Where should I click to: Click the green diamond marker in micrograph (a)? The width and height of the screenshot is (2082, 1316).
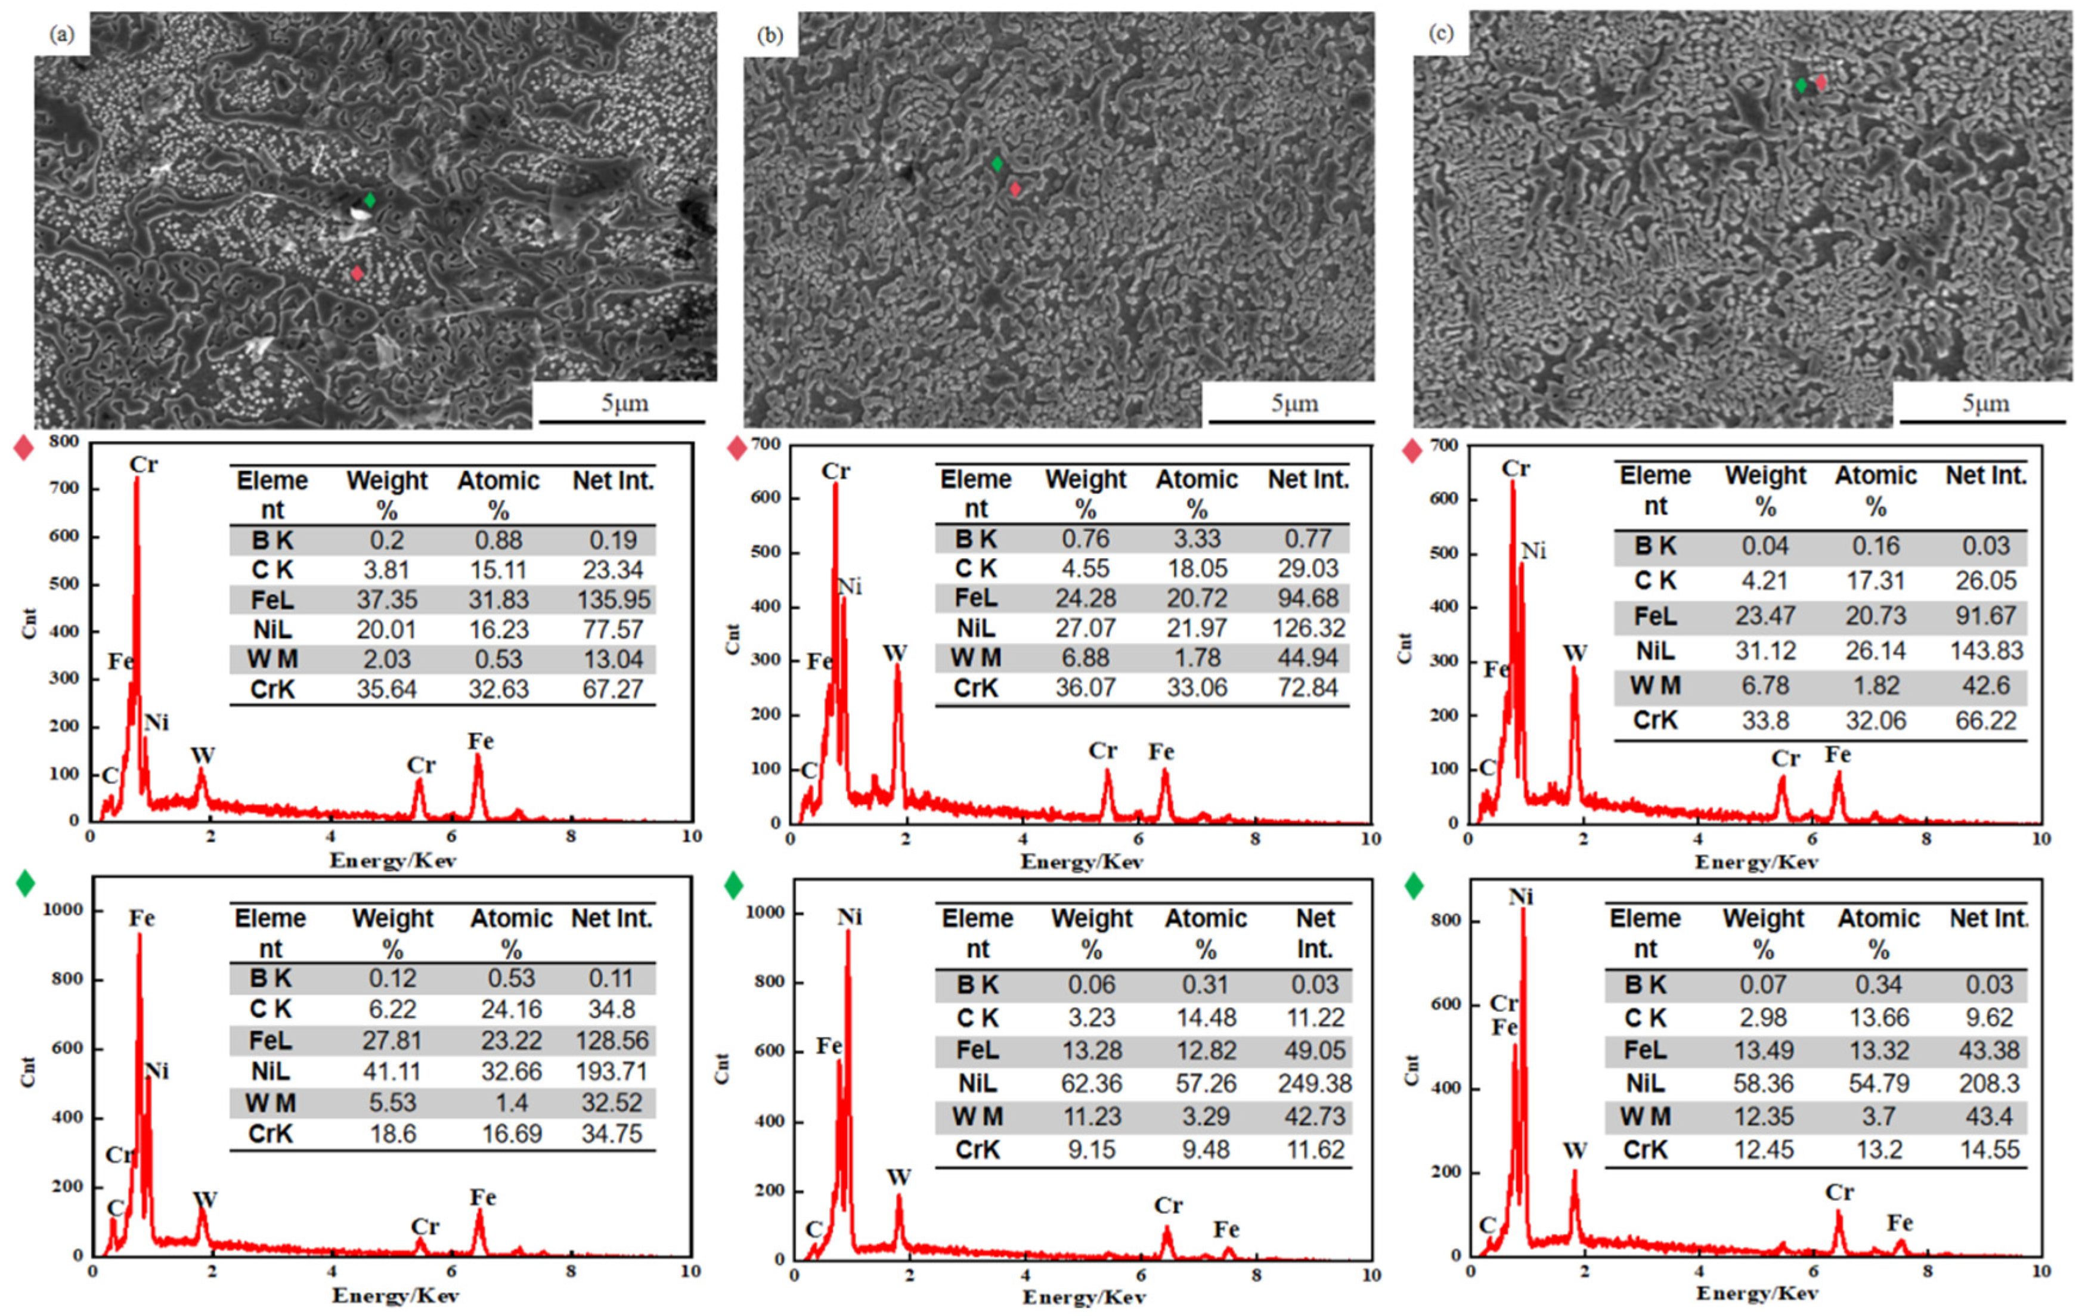[370, 200]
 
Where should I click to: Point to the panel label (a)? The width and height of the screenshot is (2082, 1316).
[62, 34]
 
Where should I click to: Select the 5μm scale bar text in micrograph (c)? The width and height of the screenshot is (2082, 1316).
[1985, 403]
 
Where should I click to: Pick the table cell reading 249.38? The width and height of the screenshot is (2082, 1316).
[1314, 1083]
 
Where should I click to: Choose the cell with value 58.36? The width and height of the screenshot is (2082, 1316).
[1763, 1083]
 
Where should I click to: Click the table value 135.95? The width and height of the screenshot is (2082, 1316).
[613, 599]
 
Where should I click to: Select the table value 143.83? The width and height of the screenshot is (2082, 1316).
[1986, 650]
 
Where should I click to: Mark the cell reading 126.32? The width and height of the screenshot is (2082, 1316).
[1308, 628]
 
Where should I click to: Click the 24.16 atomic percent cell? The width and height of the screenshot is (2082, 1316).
[512, 1009]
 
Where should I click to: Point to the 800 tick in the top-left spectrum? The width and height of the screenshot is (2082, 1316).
[64, 442]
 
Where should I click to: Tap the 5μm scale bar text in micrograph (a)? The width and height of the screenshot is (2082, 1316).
[625, 403]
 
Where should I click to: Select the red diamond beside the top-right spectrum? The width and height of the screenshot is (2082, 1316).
[1412, 450]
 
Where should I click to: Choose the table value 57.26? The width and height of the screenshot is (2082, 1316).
[1206, 1083]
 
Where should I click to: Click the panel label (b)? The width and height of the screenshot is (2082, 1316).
[770, 35]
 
